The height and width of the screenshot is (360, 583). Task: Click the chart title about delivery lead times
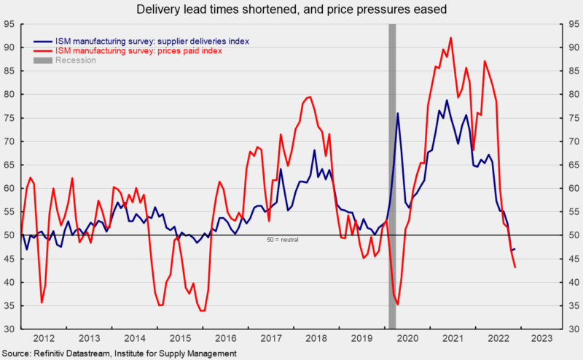tap(291, 9)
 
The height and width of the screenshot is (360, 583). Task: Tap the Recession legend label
tap(76, 60)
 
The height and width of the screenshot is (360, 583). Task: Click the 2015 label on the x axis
tap(181, 339)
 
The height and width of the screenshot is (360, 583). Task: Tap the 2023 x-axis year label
tap(541, 339)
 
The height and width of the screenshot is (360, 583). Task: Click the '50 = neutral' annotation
tap(284, 239)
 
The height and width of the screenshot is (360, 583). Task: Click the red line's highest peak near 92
tap(451, 38)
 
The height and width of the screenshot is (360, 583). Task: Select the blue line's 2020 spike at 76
tap(398, 113)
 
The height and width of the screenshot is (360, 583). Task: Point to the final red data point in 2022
tap(515, 267)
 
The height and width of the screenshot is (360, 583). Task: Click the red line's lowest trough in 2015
tap(202, 310)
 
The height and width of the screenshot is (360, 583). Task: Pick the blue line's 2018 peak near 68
tap(314, 151)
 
